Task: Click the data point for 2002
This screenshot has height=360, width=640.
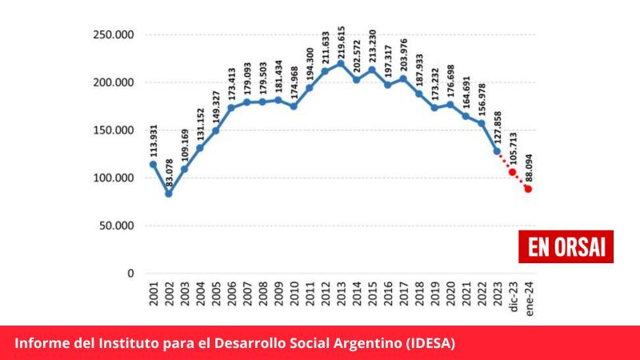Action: click(169, 194)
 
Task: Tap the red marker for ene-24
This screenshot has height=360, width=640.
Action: click(529, 189)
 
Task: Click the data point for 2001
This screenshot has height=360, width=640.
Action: click(153, 164)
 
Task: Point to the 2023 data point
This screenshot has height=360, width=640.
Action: click(497, 150)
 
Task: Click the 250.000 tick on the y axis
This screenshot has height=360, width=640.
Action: click(112, 34)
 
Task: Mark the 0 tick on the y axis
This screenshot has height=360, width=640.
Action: click(130, 274)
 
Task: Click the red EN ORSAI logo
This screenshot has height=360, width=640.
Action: click(566, 246)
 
